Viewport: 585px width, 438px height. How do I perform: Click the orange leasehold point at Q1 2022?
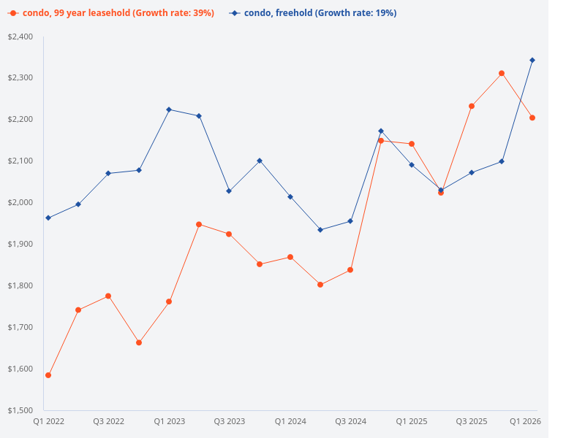[48, 375]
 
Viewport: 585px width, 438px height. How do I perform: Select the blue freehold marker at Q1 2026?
[532, 60]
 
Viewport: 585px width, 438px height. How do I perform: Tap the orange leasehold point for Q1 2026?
[532, 118]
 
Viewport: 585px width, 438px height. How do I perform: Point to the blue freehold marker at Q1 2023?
[169, 109]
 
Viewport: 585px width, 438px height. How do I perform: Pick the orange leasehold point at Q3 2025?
[472, 106]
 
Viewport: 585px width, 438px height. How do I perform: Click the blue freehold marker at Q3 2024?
[350, 221]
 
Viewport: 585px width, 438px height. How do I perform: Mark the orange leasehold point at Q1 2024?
[290, 257]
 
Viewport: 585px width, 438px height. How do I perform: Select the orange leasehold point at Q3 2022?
[108, 296]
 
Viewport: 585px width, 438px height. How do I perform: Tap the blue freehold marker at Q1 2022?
[48, 218]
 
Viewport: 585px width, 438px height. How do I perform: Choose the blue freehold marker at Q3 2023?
[229, 191]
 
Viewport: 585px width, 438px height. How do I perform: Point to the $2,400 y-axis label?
[20, 36]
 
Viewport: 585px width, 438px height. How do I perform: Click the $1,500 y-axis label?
[20, 410]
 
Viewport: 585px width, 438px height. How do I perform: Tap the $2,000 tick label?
[20, 202]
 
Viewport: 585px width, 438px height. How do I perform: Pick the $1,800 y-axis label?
[20, 285]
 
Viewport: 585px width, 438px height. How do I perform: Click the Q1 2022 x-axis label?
[48, 421]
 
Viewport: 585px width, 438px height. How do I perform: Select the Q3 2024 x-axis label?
[350, 421]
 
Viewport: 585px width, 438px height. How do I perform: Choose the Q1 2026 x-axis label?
[524, 421]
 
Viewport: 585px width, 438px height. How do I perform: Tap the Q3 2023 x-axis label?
[229, 421]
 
